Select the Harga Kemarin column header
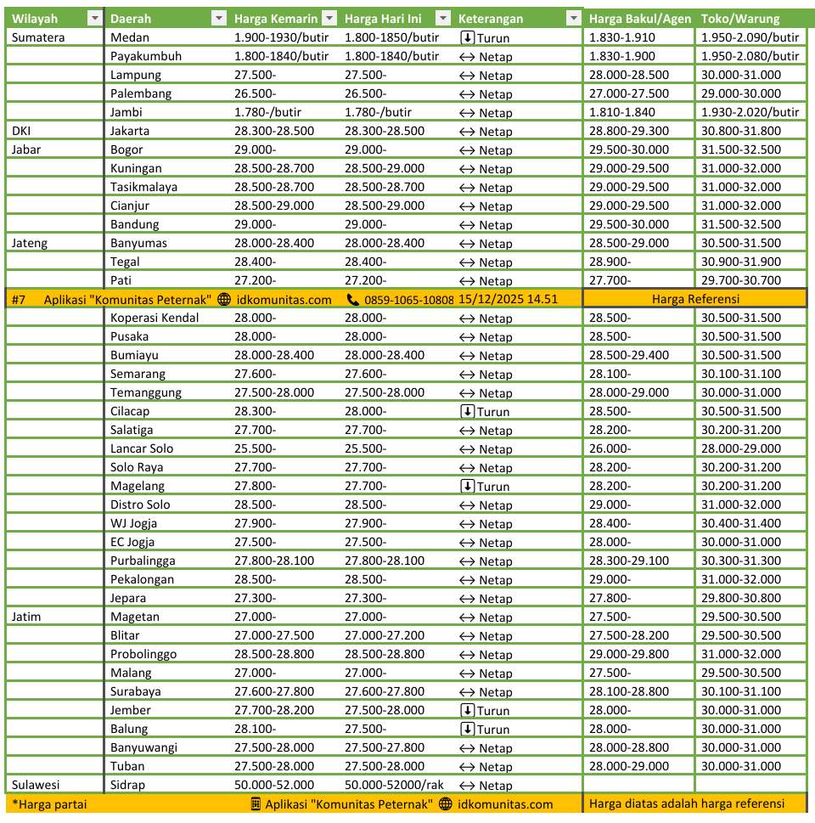tap(275, 19)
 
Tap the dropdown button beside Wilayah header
tap(93, 19)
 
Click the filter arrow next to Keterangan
tap(575, 19)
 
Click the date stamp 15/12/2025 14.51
tap(508, 299)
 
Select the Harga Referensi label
tap(695, 299)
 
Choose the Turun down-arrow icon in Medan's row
tap(467, 37)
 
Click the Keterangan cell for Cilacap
tap(484, 411)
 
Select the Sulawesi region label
tap(36, 785)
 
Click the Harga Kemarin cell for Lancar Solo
tap(256, 448)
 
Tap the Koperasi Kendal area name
tap(155, 318)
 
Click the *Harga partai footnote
tap(49, 804)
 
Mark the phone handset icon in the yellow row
tap(353, 299)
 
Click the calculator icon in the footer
tap(256, 804)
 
